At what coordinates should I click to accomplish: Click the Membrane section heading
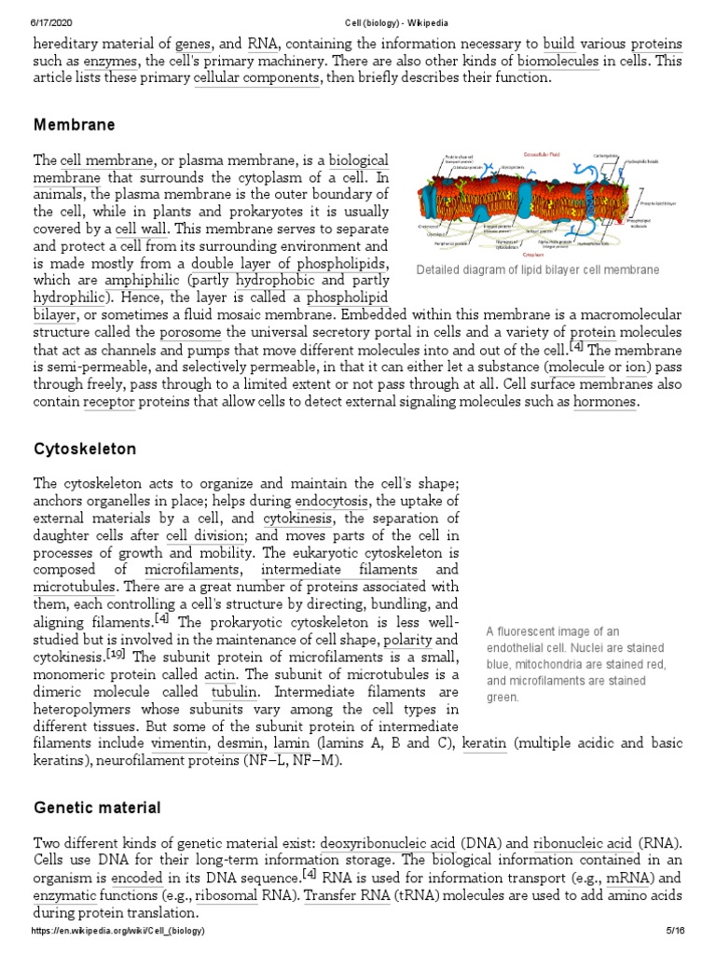click(74, 125)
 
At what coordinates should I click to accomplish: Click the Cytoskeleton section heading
click(85, 450)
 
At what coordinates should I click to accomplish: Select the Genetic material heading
click(97, 808)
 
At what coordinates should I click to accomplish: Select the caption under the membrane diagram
click(538, 270)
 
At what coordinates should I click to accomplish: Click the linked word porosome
click(191, 332)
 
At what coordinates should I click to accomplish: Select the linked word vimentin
click(179, 743)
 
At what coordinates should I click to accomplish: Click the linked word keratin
click(485, 743)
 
